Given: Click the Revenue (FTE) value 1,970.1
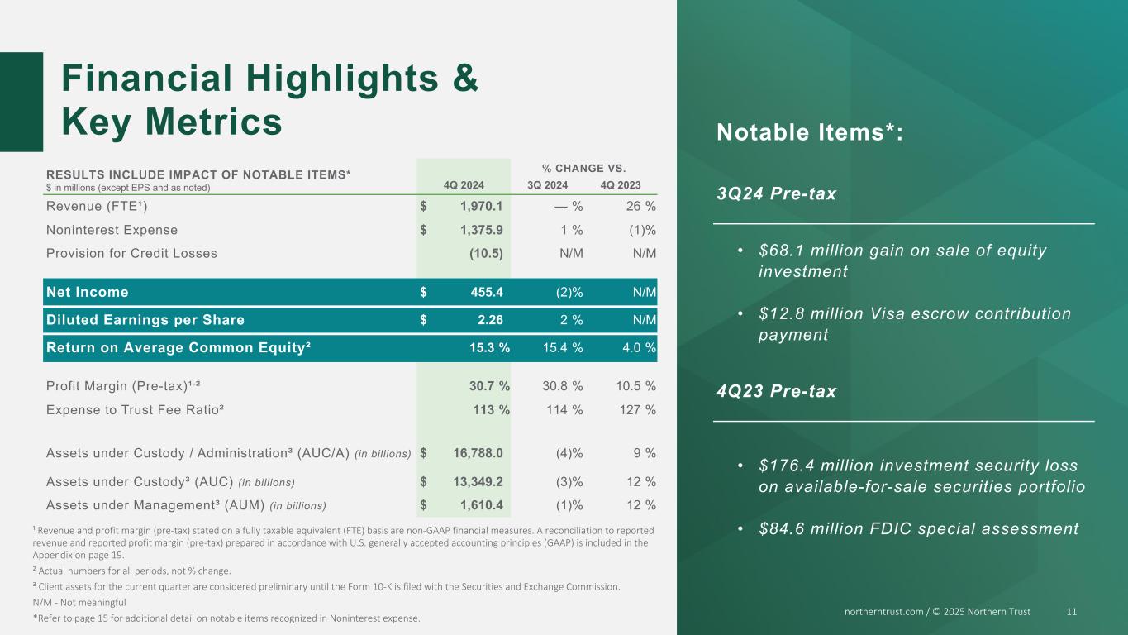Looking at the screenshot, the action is [481, 206].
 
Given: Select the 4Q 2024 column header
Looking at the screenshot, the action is [464, 185].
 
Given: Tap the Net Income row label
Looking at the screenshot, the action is [87, 292].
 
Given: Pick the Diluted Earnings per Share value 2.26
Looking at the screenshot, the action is [490, 319].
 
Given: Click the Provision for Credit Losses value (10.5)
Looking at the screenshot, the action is [486, 253].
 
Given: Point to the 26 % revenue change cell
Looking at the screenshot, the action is [640, 206].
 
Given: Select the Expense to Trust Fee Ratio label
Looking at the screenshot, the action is [135, 409].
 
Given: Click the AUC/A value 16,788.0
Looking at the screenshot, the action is [478, 453].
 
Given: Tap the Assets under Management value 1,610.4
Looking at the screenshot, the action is [481, 505].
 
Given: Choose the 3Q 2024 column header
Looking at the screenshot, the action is [547, 185].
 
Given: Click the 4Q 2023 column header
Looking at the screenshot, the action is [621, 185].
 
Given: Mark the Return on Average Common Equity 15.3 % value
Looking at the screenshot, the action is [489, 347].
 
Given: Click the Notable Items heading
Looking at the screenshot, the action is [810, 132].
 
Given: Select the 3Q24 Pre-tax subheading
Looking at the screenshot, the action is [776, 193].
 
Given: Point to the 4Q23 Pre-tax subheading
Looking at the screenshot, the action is [776, 391].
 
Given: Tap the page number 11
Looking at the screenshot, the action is [1071, 611].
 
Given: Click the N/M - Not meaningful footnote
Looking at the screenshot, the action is [79, 602].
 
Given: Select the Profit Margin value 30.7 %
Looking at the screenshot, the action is [489, 386].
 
